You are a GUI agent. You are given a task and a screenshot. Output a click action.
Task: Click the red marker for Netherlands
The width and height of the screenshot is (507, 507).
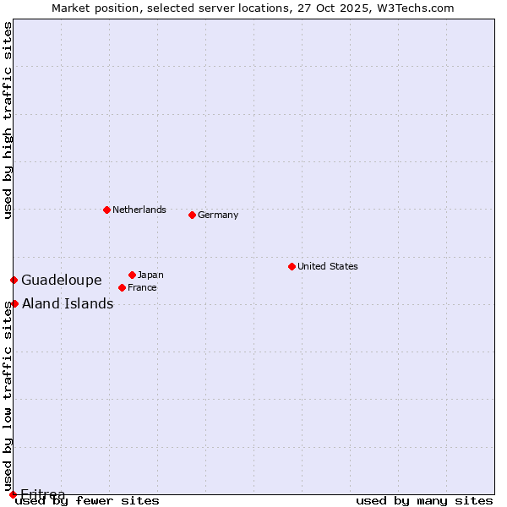106,210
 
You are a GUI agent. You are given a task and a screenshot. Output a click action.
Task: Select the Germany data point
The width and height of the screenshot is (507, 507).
192,215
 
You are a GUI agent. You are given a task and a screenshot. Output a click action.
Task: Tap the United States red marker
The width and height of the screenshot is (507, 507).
292,266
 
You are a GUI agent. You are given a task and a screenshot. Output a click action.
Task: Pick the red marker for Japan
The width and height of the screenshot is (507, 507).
132,275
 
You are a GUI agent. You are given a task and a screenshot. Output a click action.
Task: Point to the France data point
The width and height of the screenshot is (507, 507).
122,287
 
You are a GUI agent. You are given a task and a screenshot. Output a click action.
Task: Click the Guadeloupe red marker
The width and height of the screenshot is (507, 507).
14,280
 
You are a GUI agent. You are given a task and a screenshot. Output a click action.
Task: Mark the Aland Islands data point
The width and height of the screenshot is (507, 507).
14,303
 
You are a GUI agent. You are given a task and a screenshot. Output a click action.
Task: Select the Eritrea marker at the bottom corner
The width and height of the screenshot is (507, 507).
13,494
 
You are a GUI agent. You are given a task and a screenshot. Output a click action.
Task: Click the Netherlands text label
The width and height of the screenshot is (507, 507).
139,210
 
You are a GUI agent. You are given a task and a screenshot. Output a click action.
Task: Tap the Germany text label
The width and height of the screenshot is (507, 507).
218,215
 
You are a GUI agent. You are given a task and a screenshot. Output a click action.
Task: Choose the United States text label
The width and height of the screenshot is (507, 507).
328,266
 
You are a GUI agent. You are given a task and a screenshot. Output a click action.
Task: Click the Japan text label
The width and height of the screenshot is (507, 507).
150,275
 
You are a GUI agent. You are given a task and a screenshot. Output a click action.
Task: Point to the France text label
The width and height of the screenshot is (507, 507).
142,287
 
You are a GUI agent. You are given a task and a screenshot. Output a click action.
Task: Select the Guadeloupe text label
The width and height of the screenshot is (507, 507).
62,280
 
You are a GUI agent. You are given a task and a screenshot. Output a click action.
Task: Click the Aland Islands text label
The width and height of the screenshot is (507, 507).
68,303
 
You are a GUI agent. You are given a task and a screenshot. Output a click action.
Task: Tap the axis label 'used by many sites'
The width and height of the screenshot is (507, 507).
424,500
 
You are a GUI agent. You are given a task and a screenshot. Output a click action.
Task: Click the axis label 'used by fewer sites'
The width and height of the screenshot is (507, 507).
88,500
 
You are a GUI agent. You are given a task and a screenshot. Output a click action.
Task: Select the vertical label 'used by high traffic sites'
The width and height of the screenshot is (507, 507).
8,120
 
